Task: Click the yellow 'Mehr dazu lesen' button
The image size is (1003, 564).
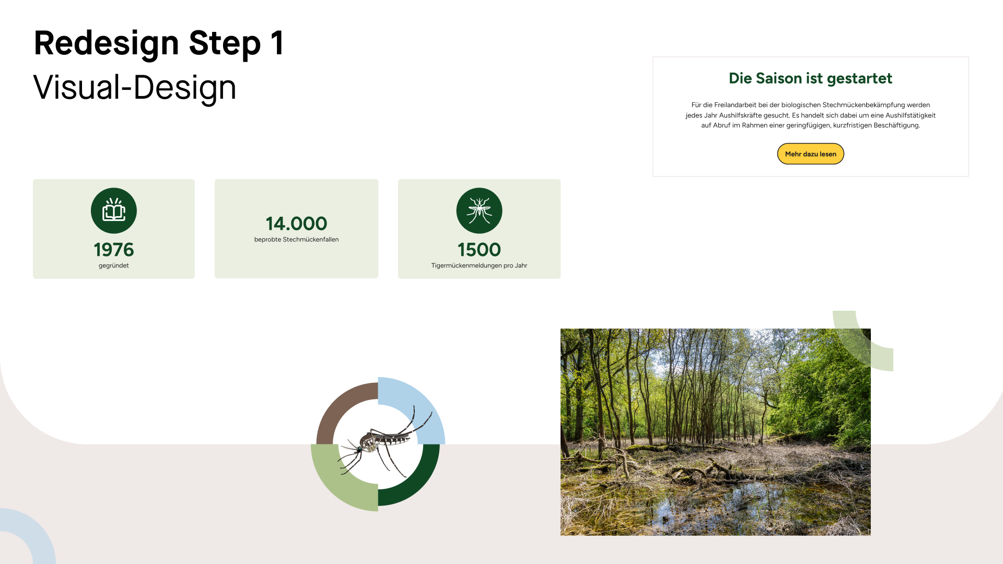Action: (810, 154)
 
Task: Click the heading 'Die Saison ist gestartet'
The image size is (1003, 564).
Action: (810, 78)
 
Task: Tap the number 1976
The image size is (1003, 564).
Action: (114, 250)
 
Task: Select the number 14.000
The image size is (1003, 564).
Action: (296, 224)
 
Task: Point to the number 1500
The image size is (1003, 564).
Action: (479, 250)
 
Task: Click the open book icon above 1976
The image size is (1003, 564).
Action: (114, 210)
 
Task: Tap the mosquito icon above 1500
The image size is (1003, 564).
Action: (479, 210)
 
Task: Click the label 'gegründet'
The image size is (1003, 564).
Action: (114, 265)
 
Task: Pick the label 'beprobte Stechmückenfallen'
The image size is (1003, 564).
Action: (296, 239)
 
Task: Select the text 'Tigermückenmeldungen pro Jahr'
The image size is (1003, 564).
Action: (479, 265)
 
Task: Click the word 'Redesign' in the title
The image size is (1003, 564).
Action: (107, 44)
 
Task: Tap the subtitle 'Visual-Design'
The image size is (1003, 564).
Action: (135, 87)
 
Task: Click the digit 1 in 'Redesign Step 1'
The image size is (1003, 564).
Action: (277, 43)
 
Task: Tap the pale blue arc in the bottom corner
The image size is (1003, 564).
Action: (42, 533)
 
